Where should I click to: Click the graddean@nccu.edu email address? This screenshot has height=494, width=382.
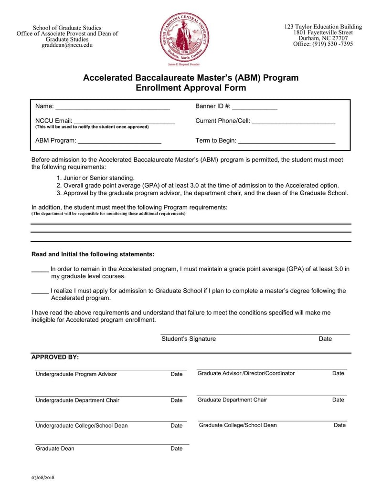pos(67,45)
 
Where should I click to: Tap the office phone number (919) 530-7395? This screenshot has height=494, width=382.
pos(323,44)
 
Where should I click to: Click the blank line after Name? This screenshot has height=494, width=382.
pos(113,107)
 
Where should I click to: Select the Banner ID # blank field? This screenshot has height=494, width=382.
pos(255,107)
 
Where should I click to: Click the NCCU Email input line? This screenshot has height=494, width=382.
pos(124,122)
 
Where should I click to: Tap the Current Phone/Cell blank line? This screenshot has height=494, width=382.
pos(293,122)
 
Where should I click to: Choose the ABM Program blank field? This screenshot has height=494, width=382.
pos(119,141)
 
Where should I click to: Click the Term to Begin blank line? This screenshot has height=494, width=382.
pos(286,141)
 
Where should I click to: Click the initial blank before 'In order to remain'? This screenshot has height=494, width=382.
pos(40,270)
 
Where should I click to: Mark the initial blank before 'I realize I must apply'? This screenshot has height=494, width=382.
pos(40,291)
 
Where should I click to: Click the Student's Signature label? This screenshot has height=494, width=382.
pos(189,339)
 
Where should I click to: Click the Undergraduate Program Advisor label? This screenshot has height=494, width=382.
pos(76,374)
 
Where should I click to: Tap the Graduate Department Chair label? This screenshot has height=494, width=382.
pos(232,400)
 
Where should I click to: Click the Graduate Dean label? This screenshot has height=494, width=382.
pos(55,449)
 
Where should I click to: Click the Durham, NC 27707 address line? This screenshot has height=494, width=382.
pos(323,38)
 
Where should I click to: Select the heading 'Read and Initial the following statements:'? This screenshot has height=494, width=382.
pos(93,254)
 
